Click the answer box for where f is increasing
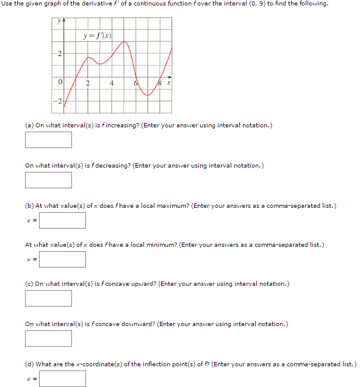[48, 140]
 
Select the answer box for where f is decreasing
[48, 180]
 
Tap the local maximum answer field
[63, 219]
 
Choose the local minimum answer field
[63, 259]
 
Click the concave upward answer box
[48, 298]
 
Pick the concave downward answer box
[48, 338]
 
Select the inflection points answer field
[63, 378]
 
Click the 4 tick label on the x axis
[112, 83]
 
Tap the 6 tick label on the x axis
[136, 84]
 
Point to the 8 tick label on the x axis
[160, 84]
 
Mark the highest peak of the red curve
[125, 42]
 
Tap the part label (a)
[29, 125]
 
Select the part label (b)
[29, 205]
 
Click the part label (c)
[29, 283]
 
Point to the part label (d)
[29, 364]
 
